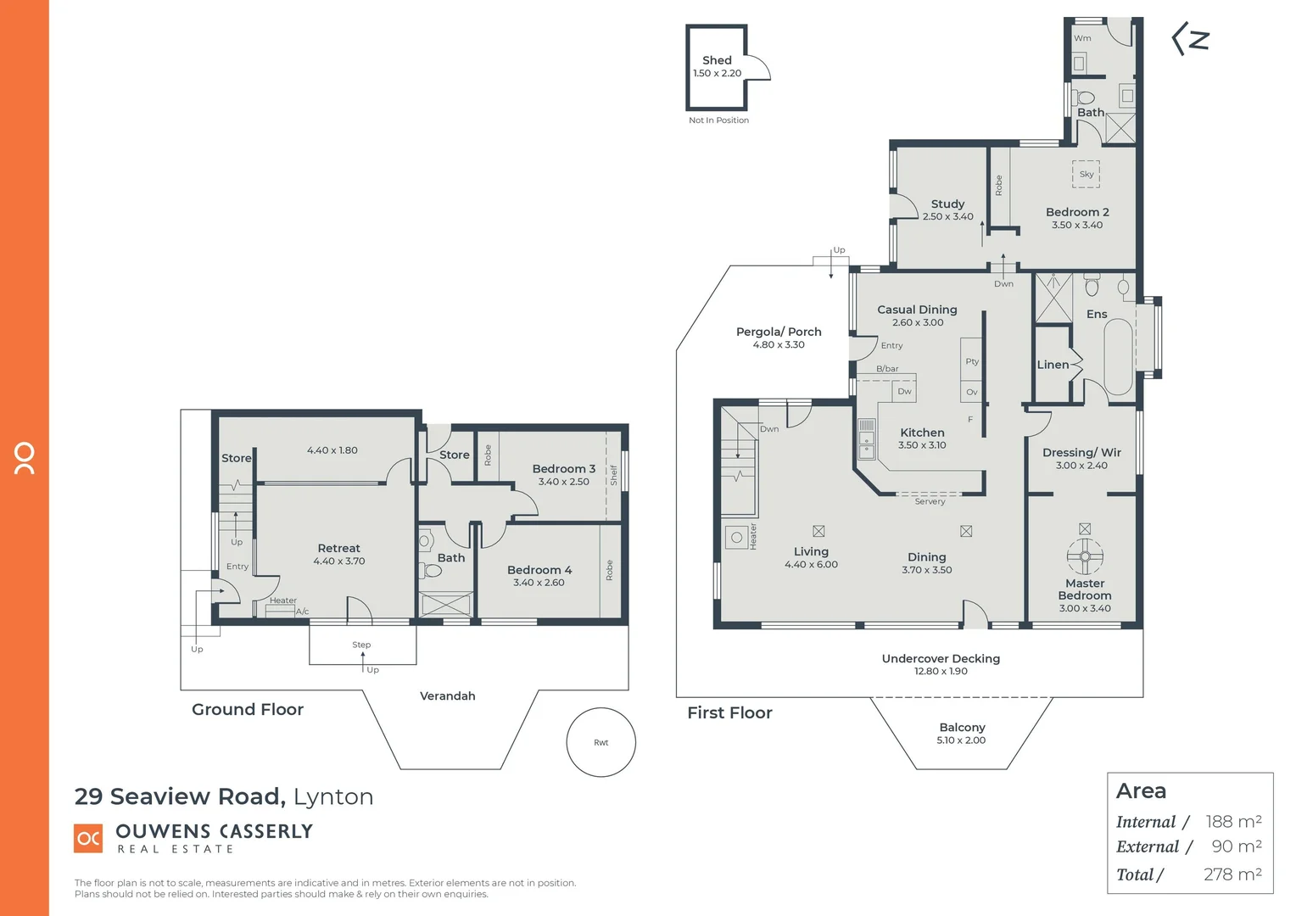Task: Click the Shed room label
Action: tap(717, 60)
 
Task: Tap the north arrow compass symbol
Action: tap(1190, 40)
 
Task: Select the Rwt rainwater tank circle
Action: tap(601, 742)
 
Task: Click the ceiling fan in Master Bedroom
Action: tap(1084, 557)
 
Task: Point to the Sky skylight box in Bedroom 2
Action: tap(1086, 174)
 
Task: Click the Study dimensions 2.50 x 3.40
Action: tap(947, 217)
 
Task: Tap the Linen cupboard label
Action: tap(1053, 365)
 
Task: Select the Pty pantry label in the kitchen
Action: tap(972, 361)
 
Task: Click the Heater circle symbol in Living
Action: tap(736, 537)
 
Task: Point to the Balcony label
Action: tap(962, 728)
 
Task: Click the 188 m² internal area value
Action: tap(1233, 821)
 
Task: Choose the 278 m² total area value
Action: tap(1232, 874)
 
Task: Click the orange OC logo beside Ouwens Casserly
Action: tap(89, 838)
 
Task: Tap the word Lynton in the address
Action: tap(333, 797)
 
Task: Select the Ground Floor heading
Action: tap(248, 710)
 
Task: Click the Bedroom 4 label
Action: tap(539, 570)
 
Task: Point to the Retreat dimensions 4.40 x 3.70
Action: tap(339, 561)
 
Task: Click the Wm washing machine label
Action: tap(1082, 38)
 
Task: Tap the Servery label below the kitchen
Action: tap(930, 502)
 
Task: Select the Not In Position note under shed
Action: tap(718, 120)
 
